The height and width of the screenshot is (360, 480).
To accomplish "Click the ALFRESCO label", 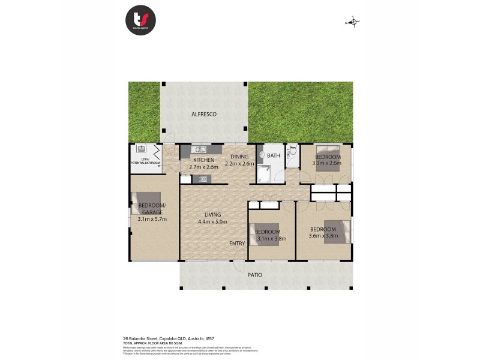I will [203, 114].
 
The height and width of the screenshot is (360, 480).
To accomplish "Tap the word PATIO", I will [256, 275].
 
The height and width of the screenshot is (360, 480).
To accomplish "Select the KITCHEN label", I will [203, 160].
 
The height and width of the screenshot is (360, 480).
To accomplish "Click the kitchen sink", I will [199, 149].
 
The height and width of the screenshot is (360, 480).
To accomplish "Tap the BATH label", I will [274, 156].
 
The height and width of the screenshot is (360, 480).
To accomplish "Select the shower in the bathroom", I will [264, 175].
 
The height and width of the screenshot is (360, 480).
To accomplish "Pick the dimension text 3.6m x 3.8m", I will [324, 236].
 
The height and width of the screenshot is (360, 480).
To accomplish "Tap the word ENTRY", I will [236, 243].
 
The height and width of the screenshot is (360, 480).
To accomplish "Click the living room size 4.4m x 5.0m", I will [212, 221].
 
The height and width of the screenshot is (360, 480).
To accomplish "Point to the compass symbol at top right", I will [354, 23].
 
